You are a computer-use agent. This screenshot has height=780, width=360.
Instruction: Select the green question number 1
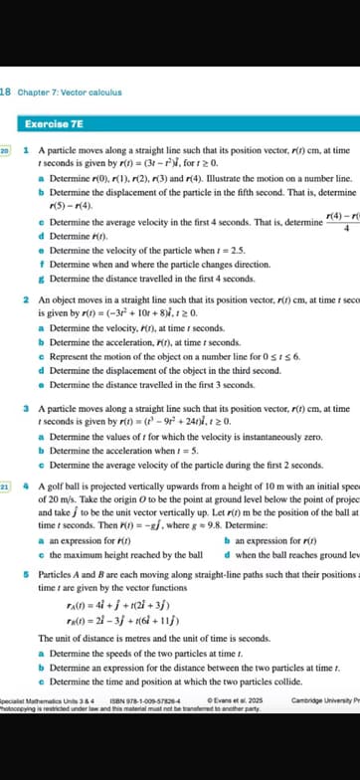point(25,147)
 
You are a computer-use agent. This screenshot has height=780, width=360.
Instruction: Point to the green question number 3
point(25,408)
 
